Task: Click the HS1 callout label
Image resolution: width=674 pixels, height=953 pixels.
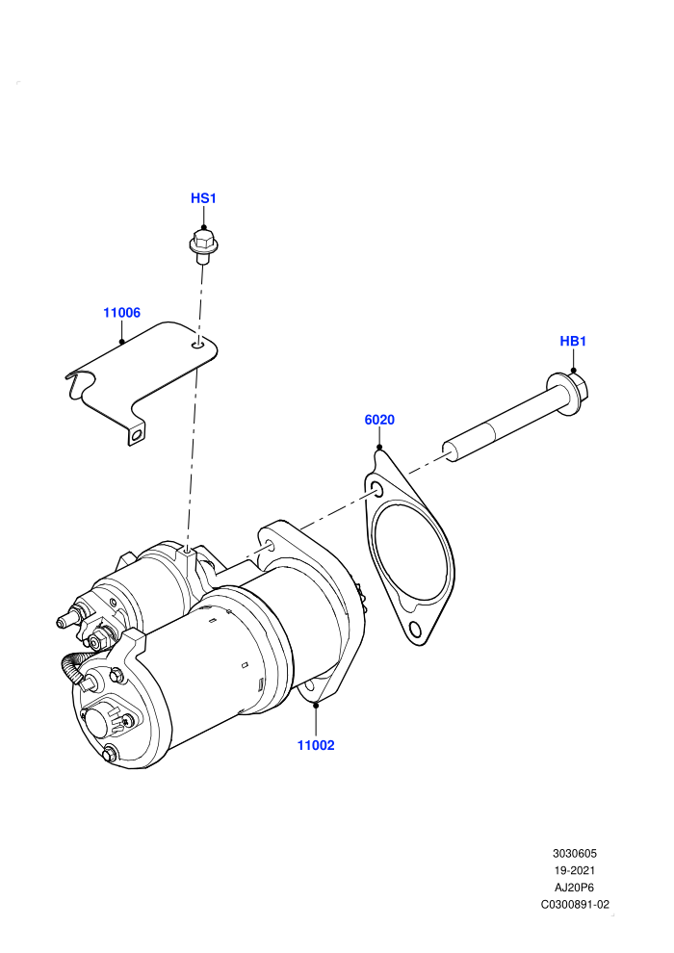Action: pos(203,198)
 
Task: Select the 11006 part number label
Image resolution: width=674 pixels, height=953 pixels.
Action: pos(121,313)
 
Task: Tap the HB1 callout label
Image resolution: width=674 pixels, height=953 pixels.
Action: pos(573,342)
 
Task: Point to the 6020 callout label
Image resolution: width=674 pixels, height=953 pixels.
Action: pos(379,420)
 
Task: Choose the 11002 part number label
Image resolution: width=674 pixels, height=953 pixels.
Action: pos(316,746)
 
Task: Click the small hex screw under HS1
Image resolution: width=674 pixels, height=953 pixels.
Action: pos(203,246)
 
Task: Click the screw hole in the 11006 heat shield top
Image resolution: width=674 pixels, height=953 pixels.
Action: pos(197,346)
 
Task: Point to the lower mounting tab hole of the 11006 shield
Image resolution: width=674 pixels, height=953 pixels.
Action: pos(138,434)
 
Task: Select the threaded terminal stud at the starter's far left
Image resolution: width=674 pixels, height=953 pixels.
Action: pos(65,621)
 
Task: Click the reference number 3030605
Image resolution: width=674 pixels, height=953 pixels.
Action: pos(574,854)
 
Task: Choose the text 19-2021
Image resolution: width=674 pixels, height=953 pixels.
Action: pos(574,871)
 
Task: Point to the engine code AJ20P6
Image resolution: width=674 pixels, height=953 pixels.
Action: pos(574,888)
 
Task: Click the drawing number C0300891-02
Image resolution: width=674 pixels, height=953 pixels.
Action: pos(575,905)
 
